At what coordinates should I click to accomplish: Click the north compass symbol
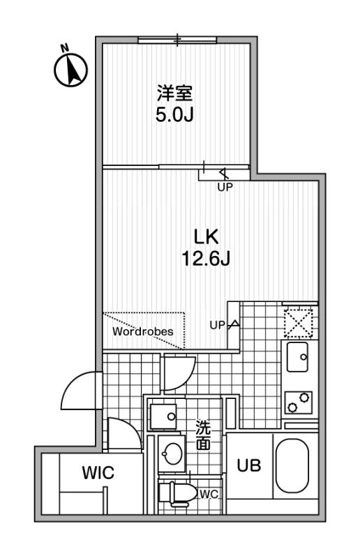click(70, 68)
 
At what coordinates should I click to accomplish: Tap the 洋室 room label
click(175, 93)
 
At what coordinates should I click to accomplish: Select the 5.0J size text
click(174, 114)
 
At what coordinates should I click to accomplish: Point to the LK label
click(206, 236)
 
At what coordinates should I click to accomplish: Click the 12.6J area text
click(206, 258)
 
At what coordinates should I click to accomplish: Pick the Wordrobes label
click(143, 331)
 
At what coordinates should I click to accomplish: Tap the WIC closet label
click(98, 473)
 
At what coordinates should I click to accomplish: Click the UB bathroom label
click(249, 465)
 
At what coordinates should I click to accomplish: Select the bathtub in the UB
click(292, 466)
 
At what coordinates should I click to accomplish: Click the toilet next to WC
click(177, 493)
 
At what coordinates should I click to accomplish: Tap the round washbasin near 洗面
click(172, 454)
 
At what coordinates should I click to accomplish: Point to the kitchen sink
click(297, 357)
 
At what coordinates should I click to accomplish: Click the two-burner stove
click(299, 402)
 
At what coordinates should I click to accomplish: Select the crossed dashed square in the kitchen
click(299, 324)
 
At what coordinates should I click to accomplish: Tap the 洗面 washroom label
click(203, 435)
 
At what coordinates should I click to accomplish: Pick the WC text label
click(209, 495)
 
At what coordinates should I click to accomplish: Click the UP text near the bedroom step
click(225, 187)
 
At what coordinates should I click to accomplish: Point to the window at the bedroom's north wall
click(177, 40)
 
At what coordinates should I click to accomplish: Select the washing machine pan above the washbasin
click(163, 416)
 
